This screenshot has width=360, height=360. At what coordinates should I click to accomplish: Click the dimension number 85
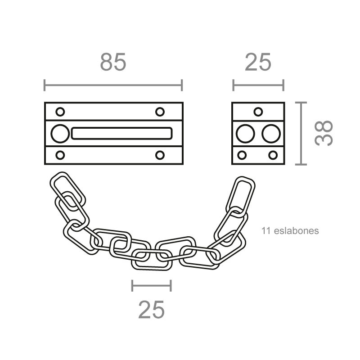tap(113, 62)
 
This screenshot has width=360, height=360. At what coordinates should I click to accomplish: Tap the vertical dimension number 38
tap(324, 133)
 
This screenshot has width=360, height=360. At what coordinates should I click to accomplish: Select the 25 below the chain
tap(151, 310)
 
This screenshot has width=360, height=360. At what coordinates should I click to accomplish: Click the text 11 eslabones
tap(290, 231)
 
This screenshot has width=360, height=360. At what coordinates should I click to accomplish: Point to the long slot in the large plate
tap(121, 134)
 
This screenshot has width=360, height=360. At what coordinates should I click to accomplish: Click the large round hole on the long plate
tap(60, 134)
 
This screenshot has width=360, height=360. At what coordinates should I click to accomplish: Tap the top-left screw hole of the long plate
tap(60, 112)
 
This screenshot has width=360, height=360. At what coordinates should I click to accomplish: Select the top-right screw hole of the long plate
tap(160, 112)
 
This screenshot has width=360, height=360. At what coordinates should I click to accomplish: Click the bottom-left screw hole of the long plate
tap(60, 155)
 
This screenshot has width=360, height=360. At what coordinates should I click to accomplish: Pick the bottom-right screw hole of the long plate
tap(160, 155)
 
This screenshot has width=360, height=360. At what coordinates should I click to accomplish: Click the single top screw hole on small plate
tap(258, 112)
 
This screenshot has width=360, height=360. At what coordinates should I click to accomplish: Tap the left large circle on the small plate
tap(245, 134)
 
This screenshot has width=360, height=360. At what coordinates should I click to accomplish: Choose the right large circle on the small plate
tap(271, 134)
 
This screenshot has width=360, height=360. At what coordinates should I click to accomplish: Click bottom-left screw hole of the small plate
tap(242, 155)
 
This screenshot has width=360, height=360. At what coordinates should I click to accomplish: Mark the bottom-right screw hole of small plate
tap(273, 155)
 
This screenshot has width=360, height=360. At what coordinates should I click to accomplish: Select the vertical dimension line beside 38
tap(301, 134)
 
